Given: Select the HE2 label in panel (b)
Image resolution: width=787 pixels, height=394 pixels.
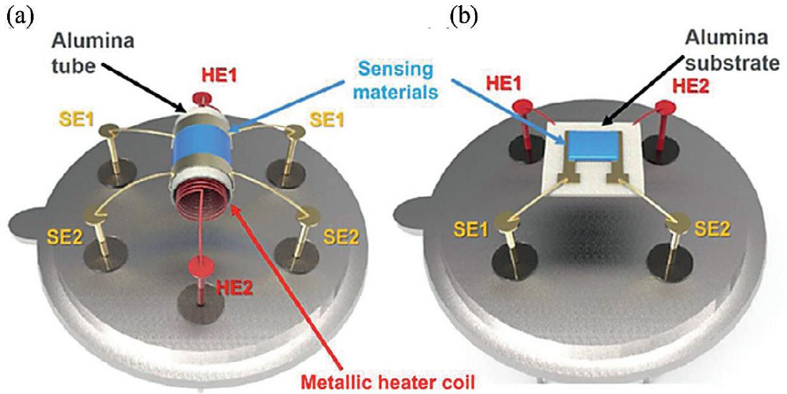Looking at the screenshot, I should coord(689,85).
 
